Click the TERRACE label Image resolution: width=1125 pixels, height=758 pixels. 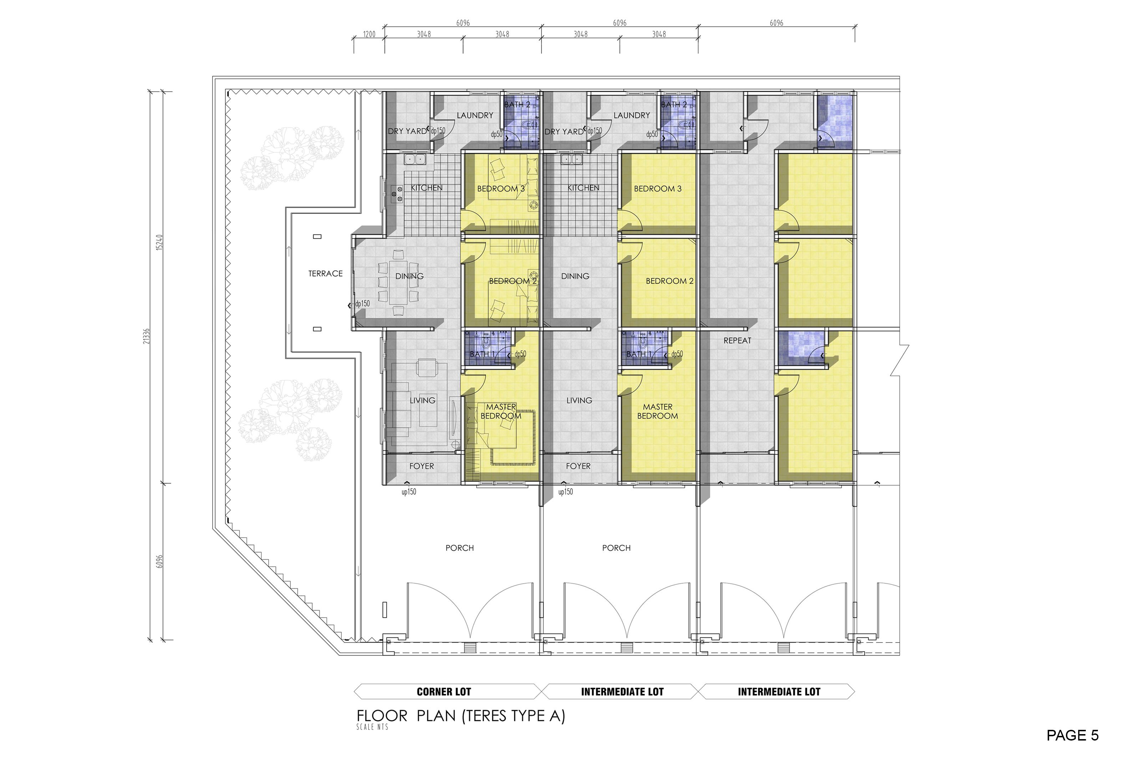326,273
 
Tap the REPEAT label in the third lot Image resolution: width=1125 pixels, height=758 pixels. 737,341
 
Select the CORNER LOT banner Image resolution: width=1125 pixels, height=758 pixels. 443,692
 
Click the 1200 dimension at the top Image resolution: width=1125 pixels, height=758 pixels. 369,34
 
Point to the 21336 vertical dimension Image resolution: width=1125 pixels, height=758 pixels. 147,336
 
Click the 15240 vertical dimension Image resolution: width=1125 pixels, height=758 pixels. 159,242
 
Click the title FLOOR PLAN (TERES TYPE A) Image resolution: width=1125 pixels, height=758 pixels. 461,716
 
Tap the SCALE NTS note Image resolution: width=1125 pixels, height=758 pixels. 372,727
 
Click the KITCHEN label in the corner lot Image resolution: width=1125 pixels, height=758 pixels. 427,188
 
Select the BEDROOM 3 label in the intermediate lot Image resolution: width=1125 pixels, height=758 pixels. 657,189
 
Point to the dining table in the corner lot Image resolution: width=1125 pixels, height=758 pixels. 398,283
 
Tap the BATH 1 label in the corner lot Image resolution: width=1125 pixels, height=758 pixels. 482,354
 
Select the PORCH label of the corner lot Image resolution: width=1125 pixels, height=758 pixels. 459,548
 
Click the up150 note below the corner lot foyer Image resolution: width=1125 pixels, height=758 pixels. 409,492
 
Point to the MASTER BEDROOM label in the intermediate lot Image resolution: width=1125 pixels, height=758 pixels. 657,411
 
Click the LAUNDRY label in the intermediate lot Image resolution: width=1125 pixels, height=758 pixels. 632,115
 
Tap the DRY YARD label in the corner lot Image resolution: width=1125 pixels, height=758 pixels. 407,131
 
